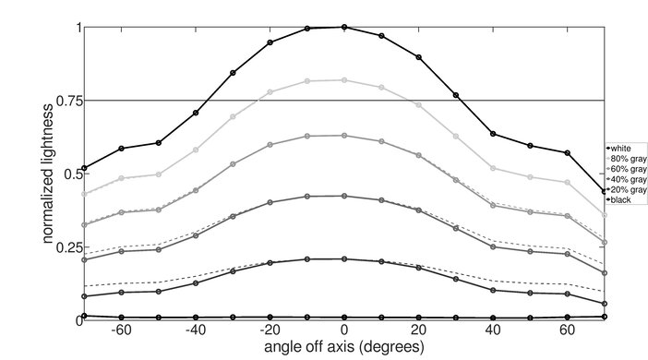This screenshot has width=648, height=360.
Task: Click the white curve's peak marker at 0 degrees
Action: pyautogui.click(x=344, y=27)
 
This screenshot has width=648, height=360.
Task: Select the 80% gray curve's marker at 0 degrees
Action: pyautogui.click(x=344, y=80)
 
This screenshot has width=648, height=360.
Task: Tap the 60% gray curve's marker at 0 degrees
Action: pyautogui.click(x=344, y=136)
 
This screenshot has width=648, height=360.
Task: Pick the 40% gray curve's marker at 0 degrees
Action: pyautogui.click(x=344, y=196)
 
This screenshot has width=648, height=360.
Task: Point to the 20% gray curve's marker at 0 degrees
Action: pyautogui.click(x=344, y=259)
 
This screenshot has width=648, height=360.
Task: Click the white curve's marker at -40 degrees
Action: pyautogui.click(x=196, y=113)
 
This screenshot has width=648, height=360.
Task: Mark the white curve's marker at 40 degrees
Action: pyautogui.click(x=493, y=134)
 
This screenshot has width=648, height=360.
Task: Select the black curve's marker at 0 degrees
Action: pyautogui.click(x=344, y=317)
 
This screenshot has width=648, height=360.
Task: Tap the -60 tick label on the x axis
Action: pyautogui.click(x=119, y=330)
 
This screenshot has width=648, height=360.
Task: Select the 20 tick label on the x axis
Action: pyautogui.click(x=418, y=330)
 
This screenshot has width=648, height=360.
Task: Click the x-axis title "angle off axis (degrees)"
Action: pyautogui.click(x=343, y=347)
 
